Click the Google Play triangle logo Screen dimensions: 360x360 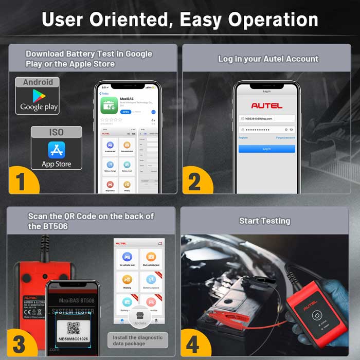39,96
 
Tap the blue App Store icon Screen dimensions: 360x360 57,150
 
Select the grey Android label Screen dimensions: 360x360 38,82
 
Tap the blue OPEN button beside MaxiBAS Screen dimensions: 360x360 125,111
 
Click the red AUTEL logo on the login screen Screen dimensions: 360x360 266,105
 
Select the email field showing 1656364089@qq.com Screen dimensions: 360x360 266,118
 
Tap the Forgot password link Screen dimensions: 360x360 285,138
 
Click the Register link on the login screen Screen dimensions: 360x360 243,138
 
